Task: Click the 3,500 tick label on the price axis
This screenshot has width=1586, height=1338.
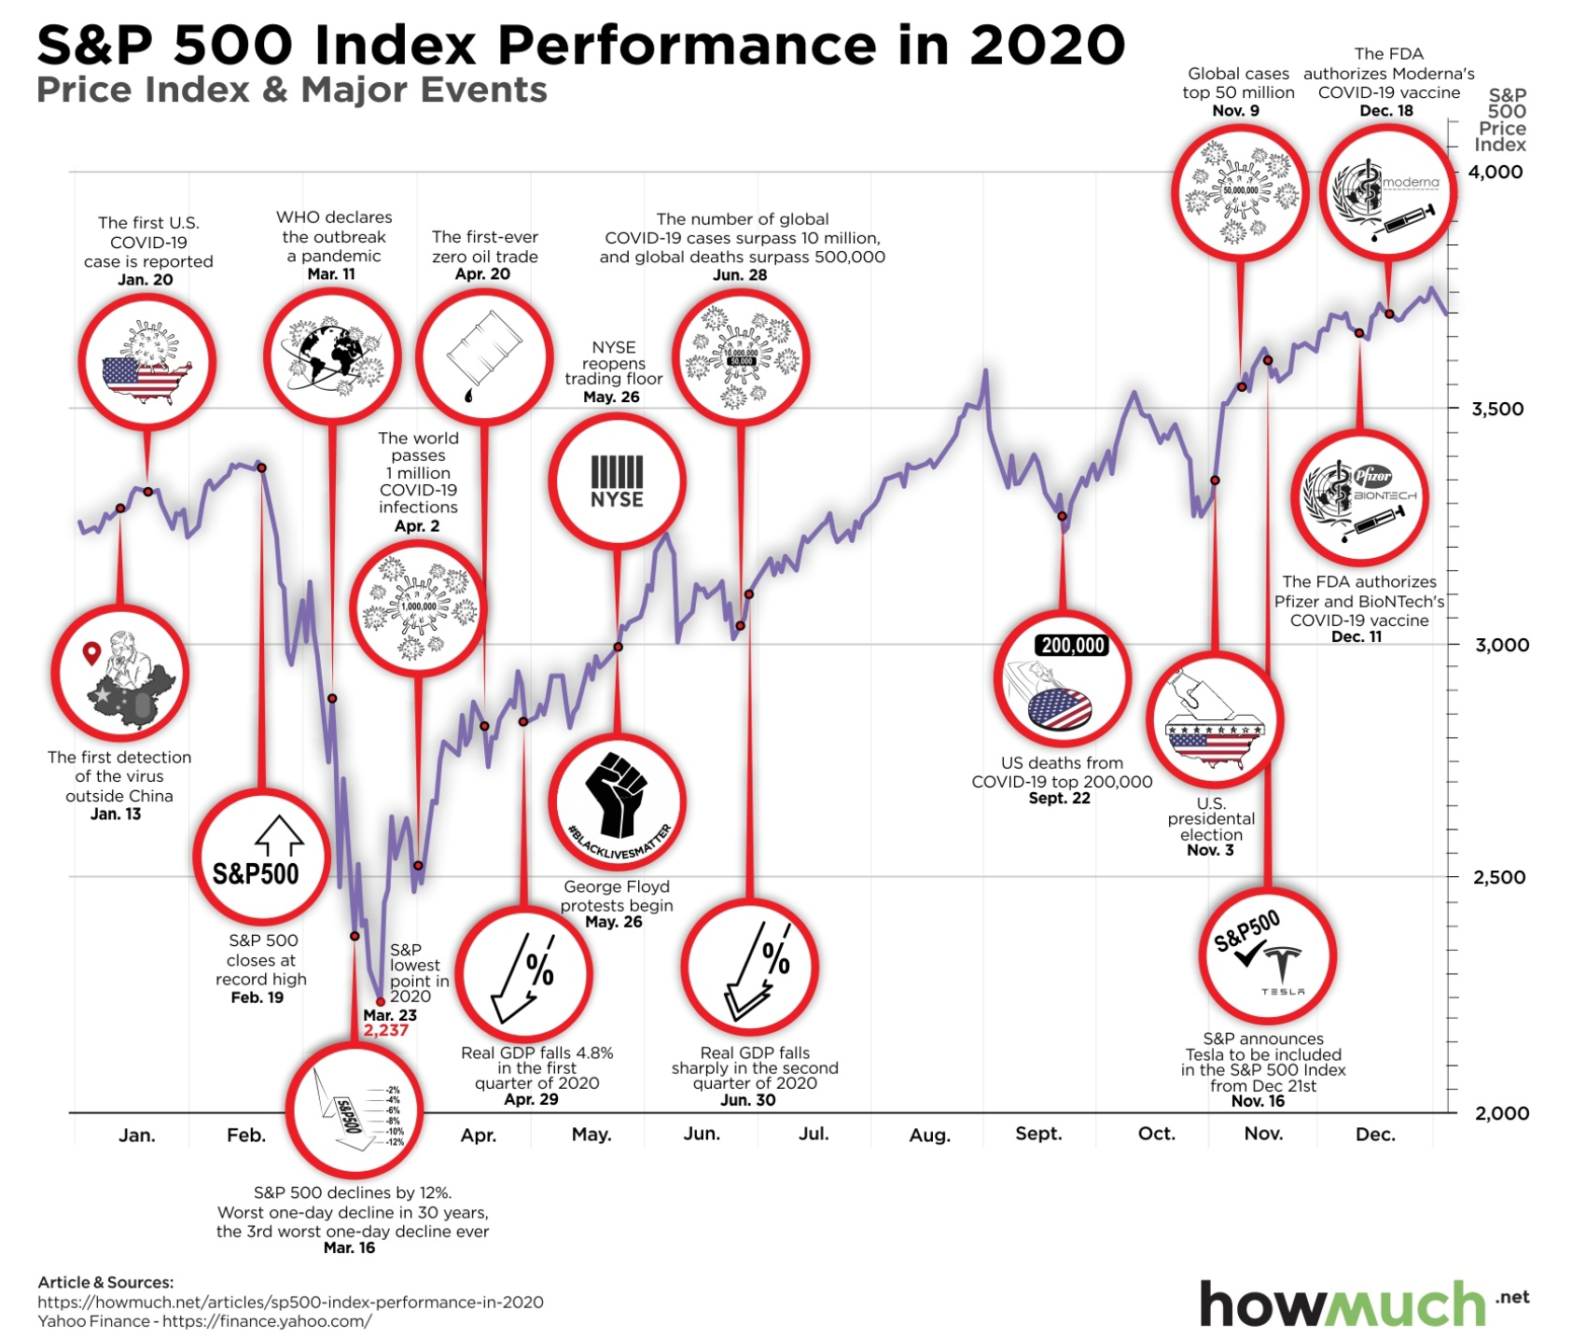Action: (1496, 409)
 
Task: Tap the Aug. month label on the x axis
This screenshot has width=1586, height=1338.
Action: (929, 1136)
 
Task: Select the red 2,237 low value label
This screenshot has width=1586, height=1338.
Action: (386, 1031)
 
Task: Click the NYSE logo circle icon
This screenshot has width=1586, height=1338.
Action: (617, 481)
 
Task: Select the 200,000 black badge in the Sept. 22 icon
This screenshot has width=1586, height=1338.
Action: (1073, 645)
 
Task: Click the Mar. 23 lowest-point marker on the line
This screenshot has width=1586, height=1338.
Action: (380, 1001)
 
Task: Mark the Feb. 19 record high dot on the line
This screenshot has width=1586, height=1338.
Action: (262, 467)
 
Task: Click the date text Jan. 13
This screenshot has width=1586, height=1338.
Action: (116, 815)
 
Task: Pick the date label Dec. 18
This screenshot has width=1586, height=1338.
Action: (1386, 111)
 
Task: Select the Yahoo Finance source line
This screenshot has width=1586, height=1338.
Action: (204, 1321)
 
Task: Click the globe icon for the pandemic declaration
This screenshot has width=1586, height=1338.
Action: (332, 357)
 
